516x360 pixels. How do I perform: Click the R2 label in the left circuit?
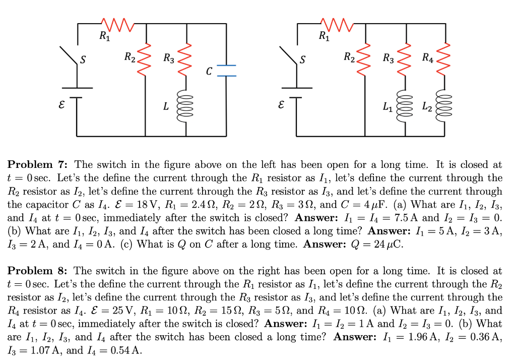(130, 57)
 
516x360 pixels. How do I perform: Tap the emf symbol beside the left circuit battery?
(62, 106)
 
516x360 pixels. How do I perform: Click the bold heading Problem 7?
(40, 164)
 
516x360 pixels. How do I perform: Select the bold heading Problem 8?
(40, 271)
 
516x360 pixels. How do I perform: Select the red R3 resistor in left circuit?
(187, 58)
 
